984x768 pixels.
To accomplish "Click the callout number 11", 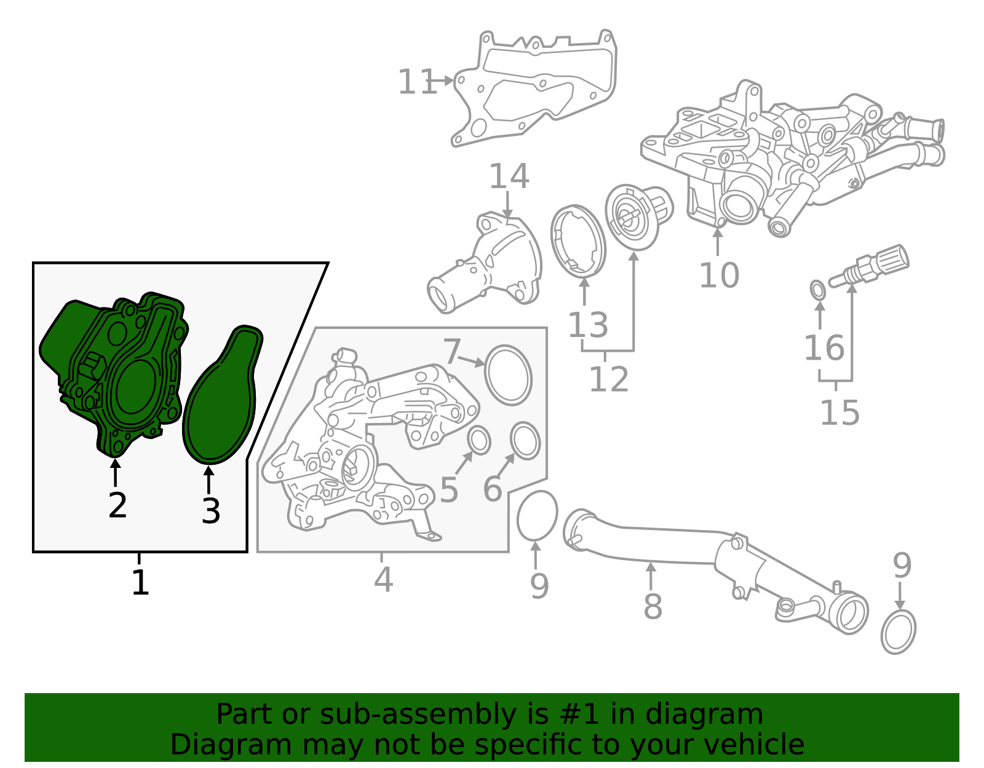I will tap(417, 82).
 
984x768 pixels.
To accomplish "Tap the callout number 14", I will tap(509, 176).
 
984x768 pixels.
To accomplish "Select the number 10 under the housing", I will tap(719, 275).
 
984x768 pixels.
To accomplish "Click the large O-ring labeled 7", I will tap(508, 375).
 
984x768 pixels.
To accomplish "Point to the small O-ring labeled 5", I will tap(479, 441).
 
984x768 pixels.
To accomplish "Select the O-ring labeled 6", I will tap(525, 441).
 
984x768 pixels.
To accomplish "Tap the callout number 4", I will tap(383, 579).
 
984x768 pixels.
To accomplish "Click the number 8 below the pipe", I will tap(653, 606).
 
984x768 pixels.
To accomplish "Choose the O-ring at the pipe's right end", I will tap(898, 631).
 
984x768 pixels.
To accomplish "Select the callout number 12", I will tap(608, 379).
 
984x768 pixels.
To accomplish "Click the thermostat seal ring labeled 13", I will tap(577, 241).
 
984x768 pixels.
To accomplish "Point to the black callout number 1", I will tap(140, 582).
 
